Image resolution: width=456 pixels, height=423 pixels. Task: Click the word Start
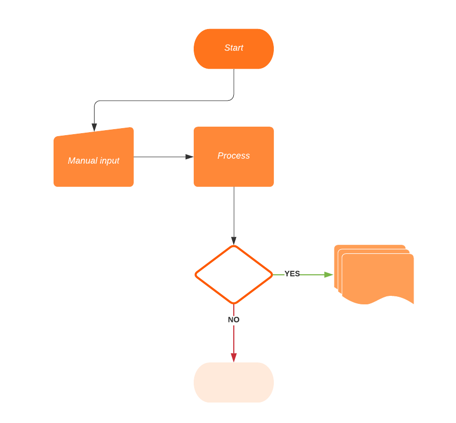(234, 48)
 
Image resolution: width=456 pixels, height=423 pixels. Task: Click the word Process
(234, 156)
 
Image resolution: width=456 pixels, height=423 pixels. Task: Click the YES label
(292, 274)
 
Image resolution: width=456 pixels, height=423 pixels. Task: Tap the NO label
(234, 319)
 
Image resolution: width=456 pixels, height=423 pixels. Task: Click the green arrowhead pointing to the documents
(329, 274)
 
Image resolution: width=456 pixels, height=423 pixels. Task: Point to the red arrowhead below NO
(234, 357)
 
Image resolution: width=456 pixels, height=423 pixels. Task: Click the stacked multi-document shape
(378, 275)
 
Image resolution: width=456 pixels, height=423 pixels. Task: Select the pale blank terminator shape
(234, 382)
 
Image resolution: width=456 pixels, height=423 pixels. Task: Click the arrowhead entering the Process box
(189, 157)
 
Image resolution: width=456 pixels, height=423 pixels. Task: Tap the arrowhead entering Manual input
(94, 127)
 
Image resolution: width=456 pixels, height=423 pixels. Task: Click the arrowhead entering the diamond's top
(234, 241)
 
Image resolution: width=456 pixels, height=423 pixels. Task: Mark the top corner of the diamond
(234, 246)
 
